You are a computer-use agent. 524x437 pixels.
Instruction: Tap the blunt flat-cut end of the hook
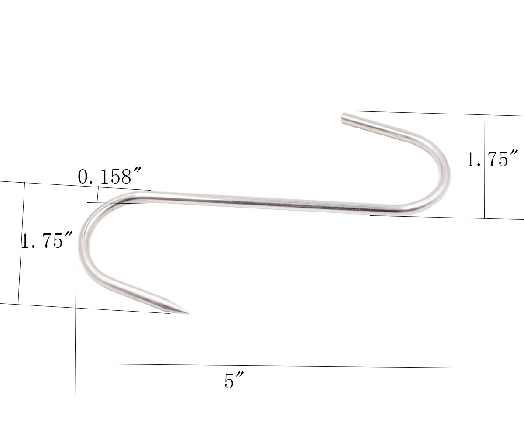pyautogui.click(x=344, y=118)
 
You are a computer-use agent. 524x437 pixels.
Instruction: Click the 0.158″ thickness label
pyautogui.click(x=105, y=177)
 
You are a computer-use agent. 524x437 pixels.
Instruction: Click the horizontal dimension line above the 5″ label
pyautogui.click(x=262, y=366)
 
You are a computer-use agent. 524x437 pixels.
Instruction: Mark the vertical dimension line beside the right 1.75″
pyautogui.click(x=485, y=166)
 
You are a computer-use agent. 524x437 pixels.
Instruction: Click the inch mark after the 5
pyautogui.click(x=240, y=377)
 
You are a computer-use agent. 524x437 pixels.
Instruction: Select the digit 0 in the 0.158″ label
pyautogui.click(x=83, y=177)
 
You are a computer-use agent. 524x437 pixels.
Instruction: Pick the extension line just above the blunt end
pyautogui.click(x=432, y=113)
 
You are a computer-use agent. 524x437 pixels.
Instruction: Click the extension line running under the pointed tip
pyautogui.click(x=87, y=308)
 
